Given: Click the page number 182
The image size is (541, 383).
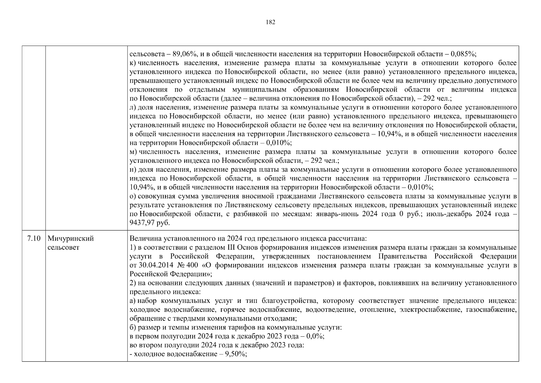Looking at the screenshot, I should [x=270, y=22].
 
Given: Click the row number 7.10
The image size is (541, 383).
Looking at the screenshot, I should [x=34, y=239].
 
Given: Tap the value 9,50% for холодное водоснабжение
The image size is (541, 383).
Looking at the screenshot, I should [x=236, y=354].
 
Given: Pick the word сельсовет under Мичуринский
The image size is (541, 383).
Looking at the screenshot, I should [x=63, y=248].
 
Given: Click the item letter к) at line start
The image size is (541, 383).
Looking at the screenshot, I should [x=133, y=63].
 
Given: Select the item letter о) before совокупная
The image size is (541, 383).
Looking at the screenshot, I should [x=133, y=196].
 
